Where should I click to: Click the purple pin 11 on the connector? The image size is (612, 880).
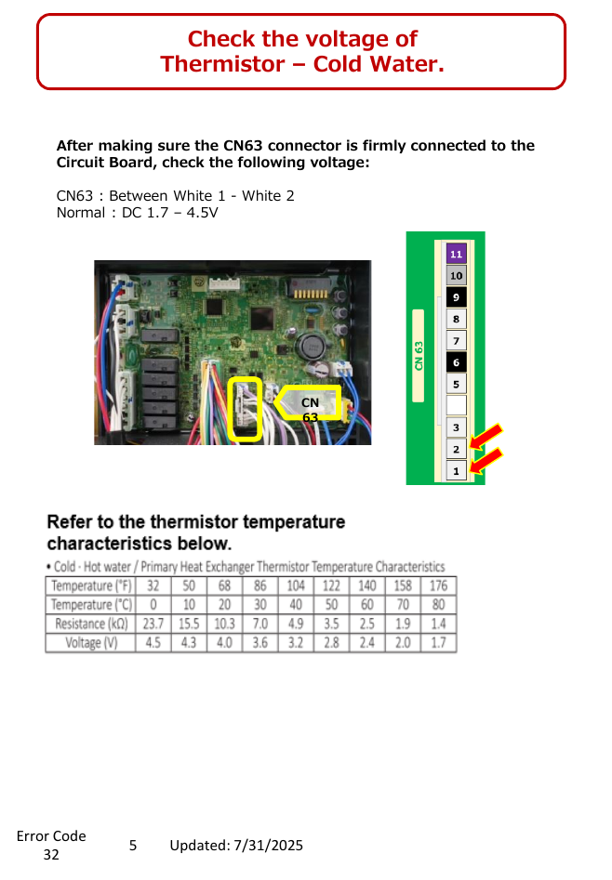[456, 254]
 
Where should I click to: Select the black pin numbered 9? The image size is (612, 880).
[456, 296]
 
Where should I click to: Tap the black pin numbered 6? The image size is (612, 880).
[456, 362]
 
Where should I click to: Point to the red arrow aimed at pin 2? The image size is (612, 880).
[486, 437]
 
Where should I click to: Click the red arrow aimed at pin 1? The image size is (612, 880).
[486, 460]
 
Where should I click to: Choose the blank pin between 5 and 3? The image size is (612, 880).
[456, 405]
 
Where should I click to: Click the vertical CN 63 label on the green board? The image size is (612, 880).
[419, 356]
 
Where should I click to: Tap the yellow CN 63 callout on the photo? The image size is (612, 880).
[309, 402]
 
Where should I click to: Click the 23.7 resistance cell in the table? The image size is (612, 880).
[153, 624]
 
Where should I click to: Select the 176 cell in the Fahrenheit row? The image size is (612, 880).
[438, 586]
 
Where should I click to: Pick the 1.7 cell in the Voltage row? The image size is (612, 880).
[438, 643]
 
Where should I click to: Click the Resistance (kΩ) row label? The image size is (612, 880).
[91, 624]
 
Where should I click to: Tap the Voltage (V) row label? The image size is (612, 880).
[91, 643]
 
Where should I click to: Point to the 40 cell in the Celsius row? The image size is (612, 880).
[296, 604]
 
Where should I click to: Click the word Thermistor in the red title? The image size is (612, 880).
[222, 64]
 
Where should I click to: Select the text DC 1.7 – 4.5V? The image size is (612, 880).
[169, 213]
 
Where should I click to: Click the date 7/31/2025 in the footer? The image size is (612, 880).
[268, 846]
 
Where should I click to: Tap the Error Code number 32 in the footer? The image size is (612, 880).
[51, 855]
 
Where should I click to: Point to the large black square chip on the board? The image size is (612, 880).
[262, 318]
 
